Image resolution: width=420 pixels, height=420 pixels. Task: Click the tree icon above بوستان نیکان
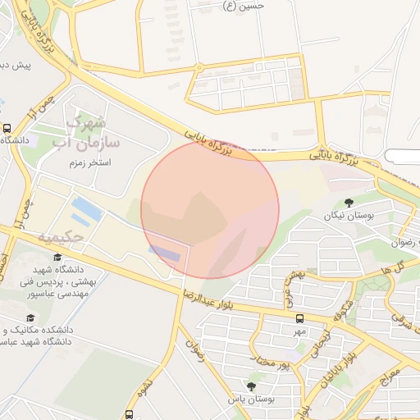[349, 203]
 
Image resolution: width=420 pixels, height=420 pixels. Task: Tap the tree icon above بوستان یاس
[251, 386]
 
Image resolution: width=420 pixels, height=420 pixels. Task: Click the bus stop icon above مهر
[300, 318]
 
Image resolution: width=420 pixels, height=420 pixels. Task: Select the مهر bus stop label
[300, 331]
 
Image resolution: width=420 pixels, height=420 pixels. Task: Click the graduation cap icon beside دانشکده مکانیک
[31, 318]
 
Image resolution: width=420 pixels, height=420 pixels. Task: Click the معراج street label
[392, 379]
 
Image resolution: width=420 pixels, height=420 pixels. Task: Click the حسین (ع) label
[244, 6]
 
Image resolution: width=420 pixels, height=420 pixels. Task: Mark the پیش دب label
[16, 64]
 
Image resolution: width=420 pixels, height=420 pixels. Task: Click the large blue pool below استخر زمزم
[86, 210]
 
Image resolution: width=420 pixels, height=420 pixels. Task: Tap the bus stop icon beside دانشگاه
[7, 129]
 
